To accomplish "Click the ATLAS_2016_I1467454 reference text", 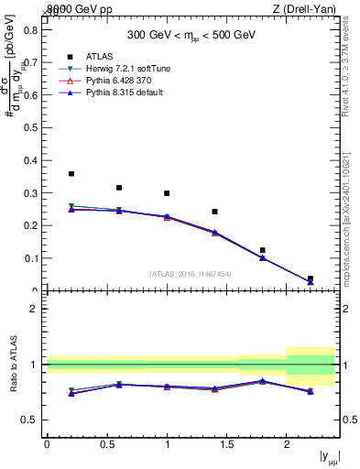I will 191,273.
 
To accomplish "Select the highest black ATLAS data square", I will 71,173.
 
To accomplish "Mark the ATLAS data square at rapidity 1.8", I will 262,250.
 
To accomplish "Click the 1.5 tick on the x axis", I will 227,444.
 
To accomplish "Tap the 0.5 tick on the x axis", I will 107,444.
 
